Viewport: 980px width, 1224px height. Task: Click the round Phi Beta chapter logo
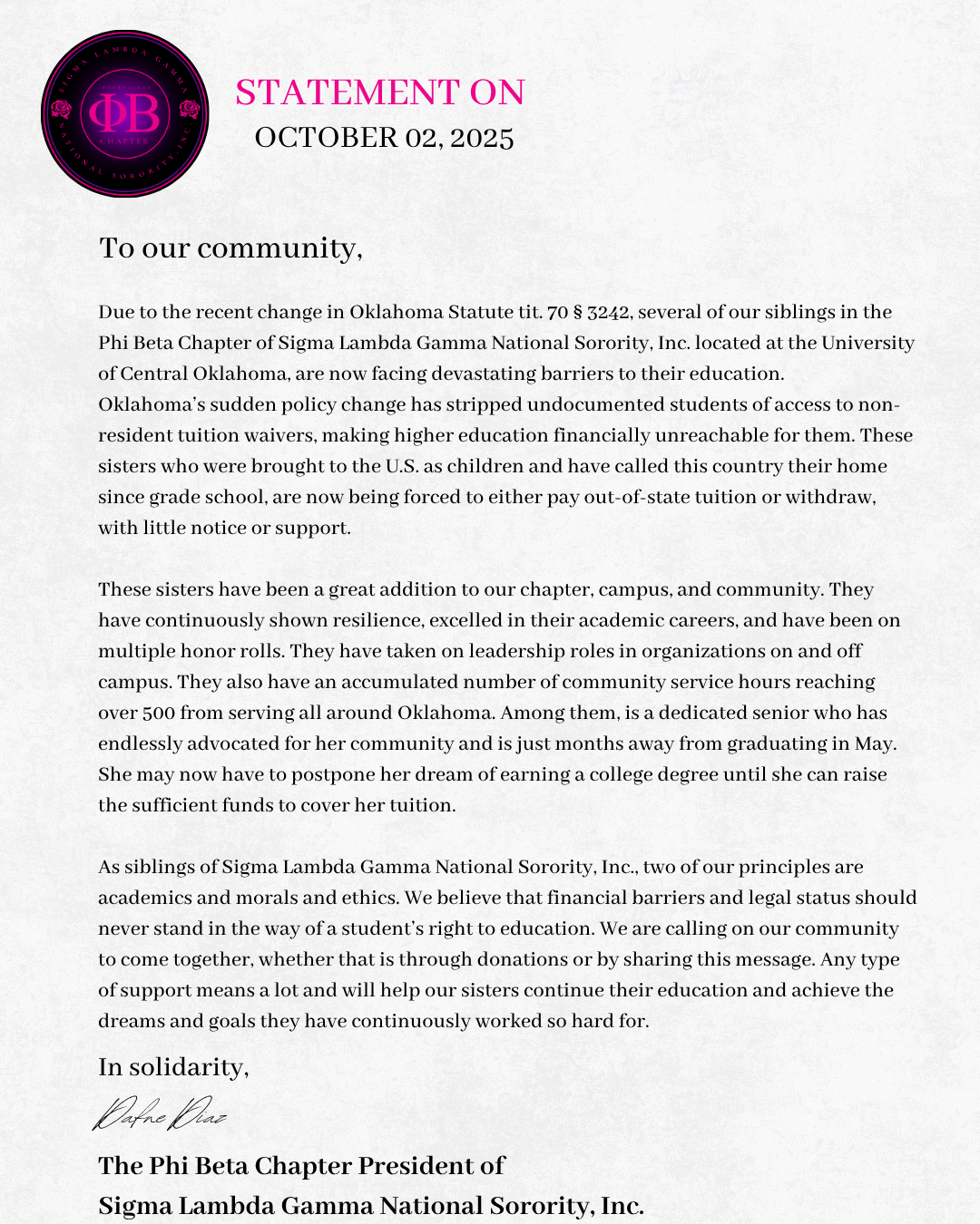[x=125, y=114]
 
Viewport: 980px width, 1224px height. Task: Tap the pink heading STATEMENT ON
[x=379, y=92]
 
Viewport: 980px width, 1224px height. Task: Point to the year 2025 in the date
[x=482, y=138]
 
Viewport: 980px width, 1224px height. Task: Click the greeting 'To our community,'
[x=230, y=248]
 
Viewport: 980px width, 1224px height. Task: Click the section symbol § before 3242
[x=578, y=312]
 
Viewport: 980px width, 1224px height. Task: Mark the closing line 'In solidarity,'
[x=173, y=1067]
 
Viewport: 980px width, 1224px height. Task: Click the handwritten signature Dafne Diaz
[x=160, y=1115]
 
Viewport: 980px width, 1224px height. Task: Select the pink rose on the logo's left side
[x=62, y=111]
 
